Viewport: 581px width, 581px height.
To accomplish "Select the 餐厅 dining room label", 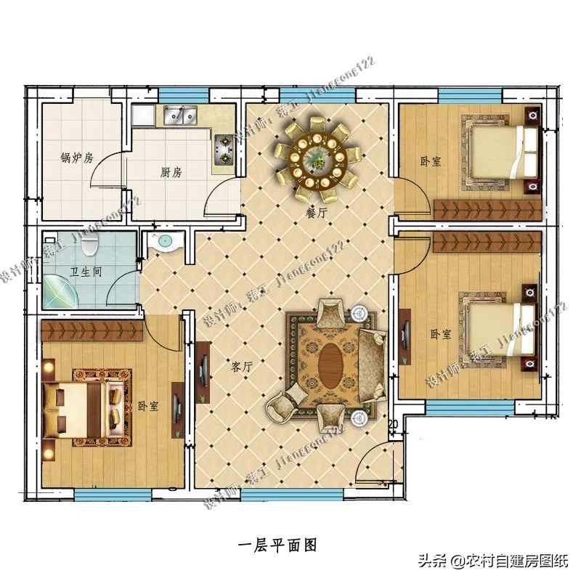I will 315,214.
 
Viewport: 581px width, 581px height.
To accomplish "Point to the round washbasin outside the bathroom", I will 164,243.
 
